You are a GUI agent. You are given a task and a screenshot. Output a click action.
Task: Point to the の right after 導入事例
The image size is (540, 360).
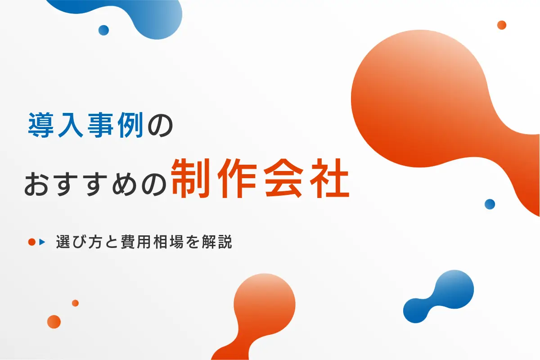(158, 126)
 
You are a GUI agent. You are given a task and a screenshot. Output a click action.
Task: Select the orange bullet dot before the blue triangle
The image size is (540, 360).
(31, 242)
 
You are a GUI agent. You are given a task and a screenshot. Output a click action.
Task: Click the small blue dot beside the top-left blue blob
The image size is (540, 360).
(103, 30)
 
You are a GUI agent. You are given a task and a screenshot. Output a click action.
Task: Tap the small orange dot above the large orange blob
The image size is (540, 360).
(502, 25)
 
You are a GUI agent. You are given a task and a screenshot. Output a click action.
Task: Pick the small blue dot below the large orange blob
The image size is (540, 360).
(490, 204)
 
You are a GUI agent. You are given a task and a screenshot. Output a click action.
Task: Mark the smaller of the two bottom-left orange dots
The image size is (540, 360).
(75, 303)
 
